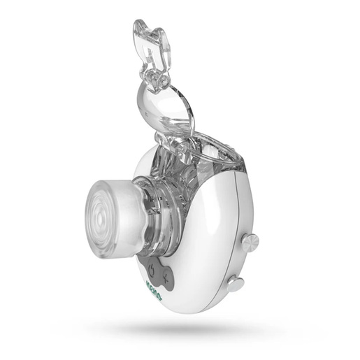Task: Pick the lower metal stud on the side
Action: (x=236, y=283)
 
